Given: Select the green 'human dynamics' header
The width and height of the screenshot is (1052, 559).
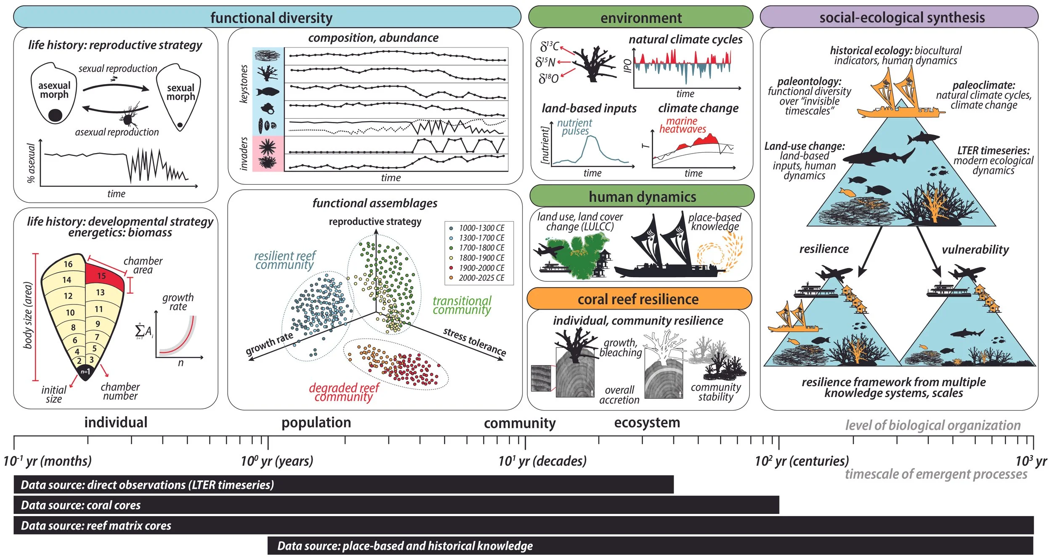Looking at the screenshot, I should point(642,196).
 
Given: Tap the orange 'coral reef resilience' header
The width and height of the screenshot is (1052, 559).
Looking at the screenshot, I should point(638,299).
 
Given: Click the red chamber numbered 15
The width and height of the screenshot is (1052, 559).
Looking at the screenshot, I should point(102,276).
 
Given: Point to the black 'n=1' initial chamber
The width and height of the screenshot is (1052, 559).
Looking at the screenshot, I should point(85,372).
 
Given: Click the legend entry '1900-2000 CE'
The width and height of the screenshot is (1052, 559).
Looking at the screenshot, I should point(481,268).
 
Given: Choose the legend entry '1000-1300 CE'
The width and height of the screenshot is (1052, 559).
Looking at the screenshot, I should point(481,228).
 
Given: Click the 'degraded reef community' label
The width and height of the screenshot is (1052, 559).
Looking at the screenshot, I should point(344,392).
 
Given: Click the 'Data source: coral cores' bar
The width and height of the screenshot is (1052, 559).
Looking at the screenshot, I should point(396,505).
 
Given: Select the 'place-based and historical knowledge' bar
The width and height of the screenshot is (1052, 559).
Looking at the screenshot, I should point(650,546).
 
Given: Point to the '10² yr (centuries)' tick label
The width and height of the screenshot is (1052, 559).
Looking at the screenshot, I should point(802,461).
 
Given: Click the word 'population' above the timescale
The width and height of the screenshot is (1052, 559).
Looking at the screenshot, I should point(316,422).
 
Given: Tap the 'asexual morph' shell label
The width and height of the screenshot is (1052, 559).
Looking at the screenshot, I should point(54,90).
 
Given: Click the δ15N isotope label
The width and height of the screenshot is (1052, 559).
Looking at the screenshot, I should point(545,63).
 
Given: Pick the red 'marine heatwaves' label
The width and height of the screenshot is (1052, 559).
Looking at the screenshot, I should point(682,125).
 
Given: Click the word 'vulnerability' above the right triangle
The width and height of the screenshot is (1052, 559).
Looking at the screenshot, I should point(975,249).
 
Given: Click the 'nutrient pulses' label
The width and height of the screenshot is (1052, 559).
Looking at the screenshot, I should point(575,127).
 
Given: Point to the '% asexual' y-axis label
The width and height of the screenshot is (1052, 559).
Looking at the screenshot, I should point(31,163).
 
